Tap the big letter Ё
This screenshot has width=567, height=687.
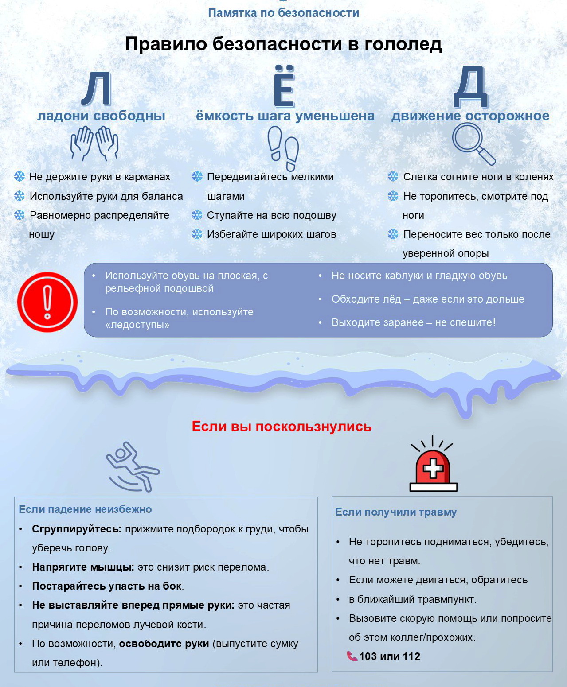[284, 87]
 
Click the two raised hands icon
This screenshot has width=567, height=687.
[94, 143]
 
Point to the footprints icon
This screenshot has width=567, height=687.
[283, 148]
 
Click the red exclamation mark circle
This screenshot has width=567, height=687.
[47, 302]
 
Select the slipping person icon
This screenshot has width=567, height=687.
[132, 467]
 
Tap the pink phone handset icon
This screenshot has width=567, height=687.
[352, 656]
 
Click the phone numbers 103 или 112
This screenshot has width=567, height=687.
[390, 656]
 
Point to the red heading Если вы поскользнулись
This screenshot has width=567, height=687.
[282, 427]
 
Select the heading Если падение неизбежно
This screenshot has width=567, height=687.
[85, 509]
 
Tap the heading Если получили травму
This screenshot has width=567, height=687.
[395, 512]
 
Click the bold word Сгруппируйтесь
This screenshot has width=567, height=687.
[76, 529]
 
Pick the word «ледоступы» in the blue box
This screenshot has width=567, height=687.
[137, 325]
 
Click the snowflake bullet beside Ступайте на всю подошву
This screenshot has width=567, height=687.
[197, 215]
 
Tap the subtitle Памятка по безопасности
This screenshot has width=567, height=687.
[283, 13]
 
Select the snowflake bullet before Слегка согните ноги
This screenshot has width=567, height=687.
[393, 177]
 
